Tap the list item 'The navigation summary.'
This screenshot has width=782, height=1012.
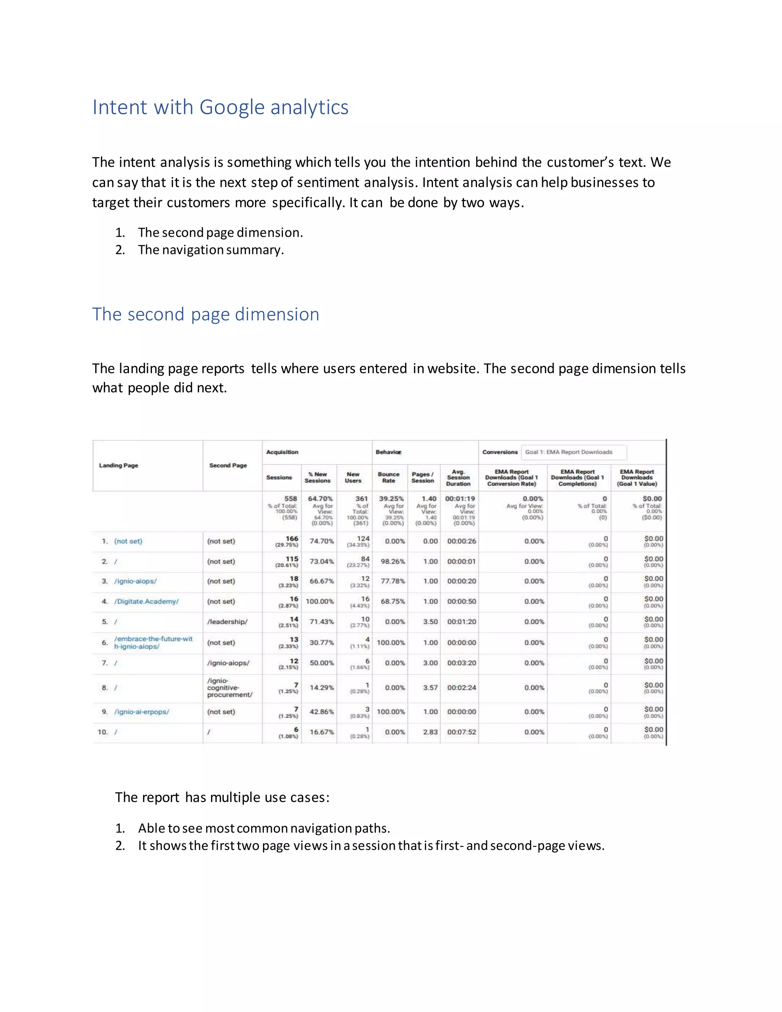(211, 250)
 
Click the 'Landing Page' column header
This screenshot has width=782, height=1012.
(119, 465)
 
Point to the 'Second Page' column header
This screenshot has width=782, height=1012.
(228, 465)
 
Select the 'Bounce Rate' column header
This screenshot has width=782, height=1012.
(389, 477)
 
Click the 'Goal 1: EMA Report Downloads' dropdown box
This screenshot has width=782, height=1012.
(574, 452)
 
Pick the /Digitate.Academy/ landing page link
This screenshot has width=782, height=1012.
(146, 601)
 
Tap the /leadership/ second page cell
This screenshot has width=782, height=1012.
(228, 622)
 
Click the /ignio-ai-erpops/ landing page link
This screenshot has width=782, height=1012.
(142, 712)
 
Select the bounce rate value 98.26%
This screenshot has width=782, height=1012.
(393, 562)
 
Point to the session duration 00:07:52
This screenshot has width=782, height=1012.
(461, 732)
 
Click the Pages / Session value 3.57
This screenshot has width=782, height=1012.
(430, 688)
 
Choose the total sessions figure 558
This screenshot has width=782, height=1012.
(291, 499)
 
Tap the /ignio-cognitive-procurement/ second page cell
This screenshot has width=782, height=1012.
(229, 688)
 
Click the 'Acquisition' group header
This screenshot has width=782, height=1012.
(282, 452)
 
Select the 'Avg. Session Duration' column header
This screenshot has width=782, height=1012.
(458, 477)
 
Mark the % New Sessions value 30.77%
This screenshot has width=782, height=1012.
(322, 643)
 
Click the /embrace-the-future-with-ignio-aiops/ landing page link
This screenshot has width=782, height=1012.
(153, 643)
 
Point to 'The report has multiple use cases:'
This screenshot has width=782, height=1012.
(222, 797)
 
